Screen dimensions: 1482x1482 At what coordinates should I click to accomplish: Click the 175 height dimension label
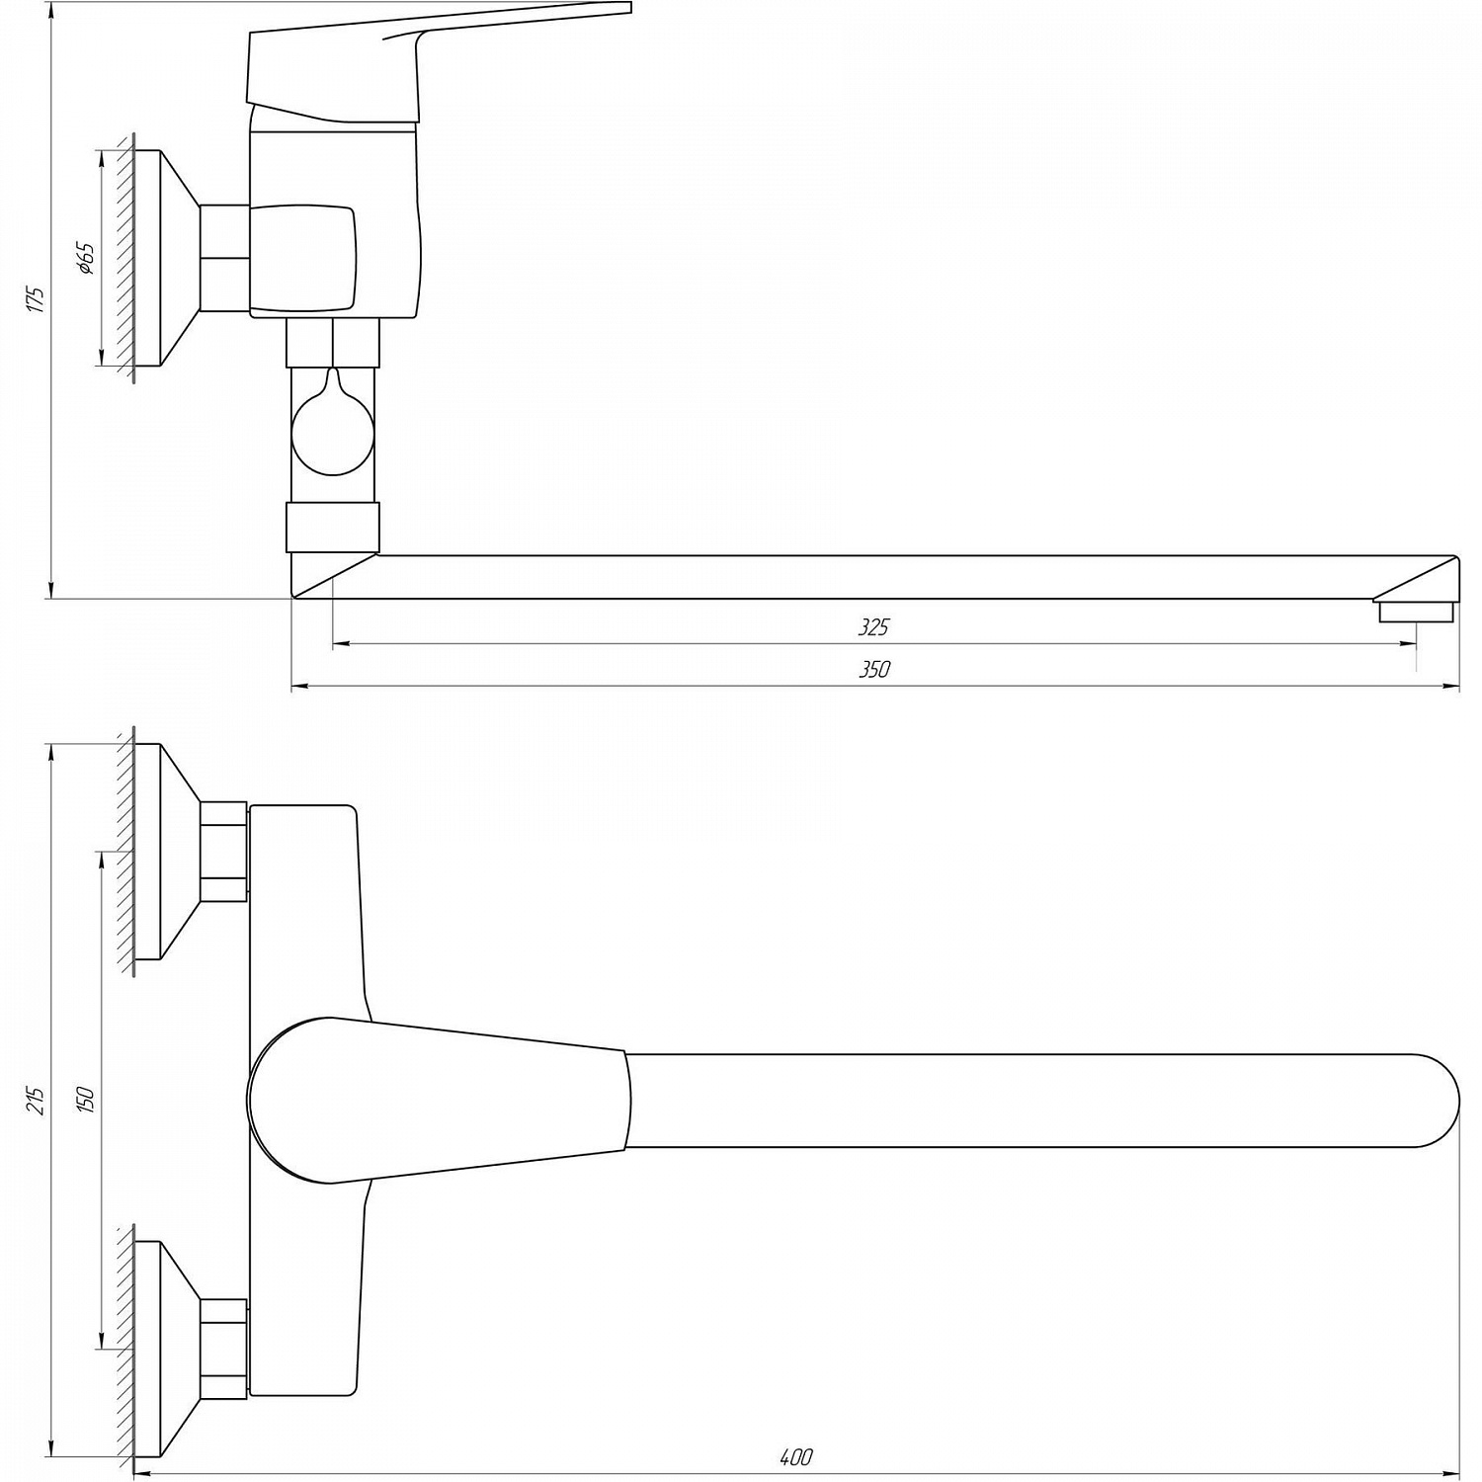(x=37, y=299)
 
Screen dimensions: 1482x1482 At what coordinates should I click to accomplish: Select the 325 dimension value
(x=873, y=626)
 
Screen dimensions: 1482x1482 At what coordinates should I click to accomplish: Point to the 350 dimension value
(x=873, y=669)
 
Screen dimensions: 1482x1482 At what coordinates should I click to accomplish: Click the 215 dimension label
(x=37, y=1100)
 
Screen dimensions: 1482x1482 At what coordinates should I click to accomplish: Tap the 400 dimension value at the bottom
(x=795, y=1457)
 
